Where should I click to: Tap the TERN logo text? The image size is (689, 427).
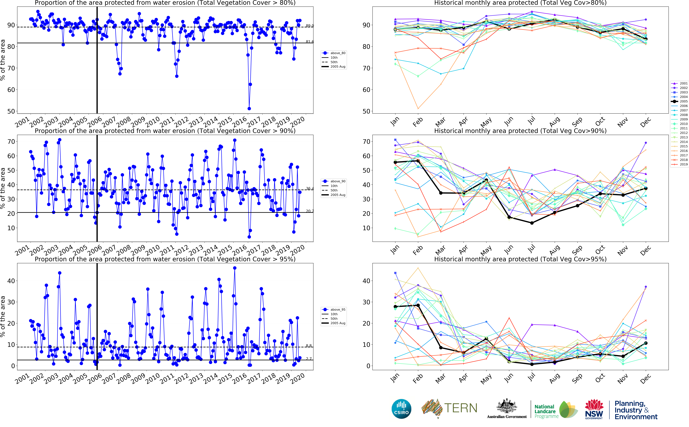(x=461, y=408)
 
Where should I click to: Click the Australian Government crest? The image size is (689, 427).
(x=507, y=407)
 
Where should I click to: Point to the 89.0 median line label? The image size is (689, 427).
(x=310, y=26)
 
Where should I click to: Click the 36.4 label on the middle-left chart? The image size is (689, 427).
(x=310, y=188)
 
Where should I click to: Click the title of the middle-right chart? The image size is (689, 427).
(x=520, y=131)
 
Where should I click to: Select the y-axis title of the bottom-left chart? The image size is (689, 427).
(x=3, y=316)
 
